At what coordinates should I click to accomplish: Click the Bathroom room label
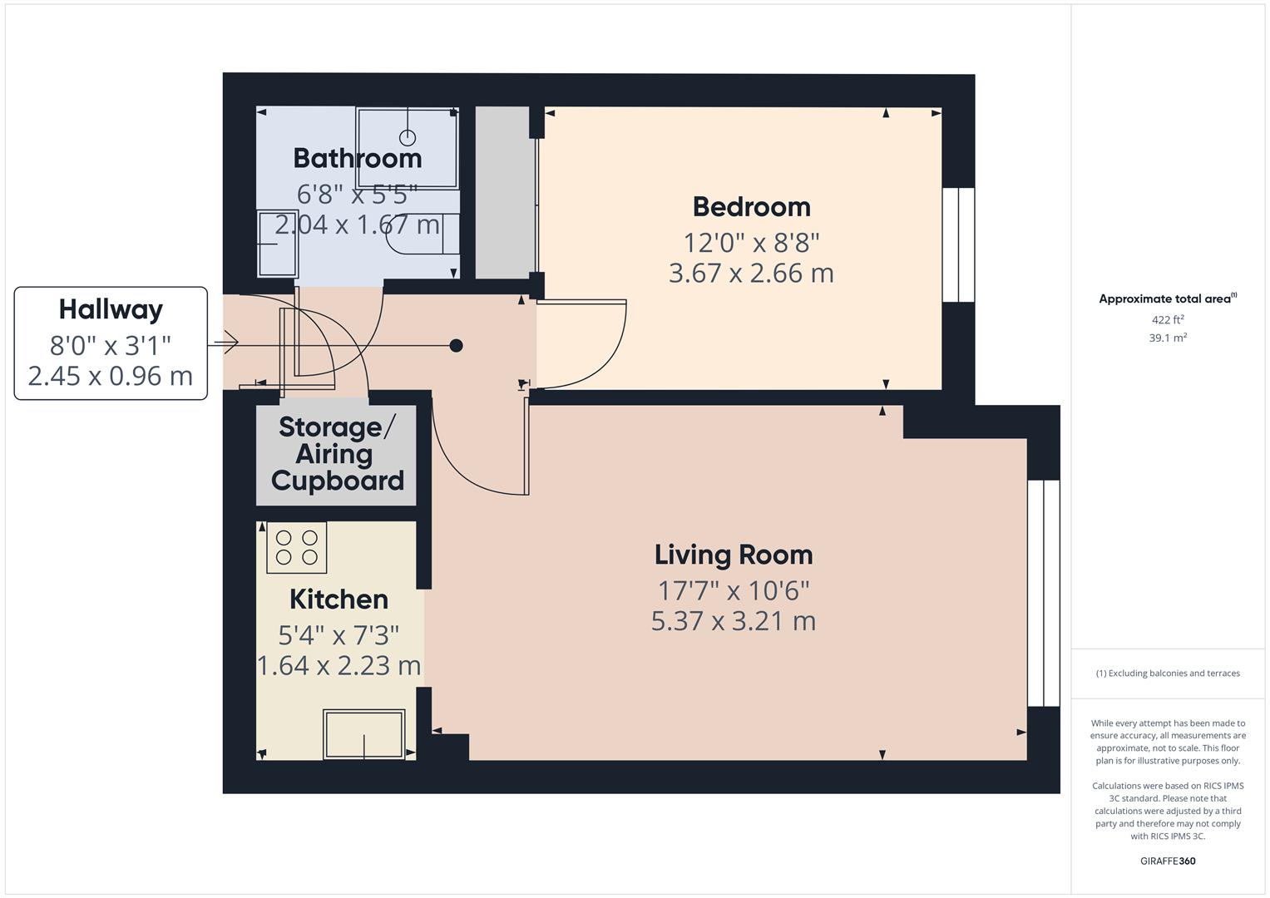coord(358,158)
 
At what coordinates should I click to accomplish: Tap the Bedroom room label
coord(751,206)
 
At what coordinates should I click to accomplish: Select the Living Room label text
coord(733,555)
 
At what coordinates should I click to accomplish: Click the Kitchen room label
coord(339,599)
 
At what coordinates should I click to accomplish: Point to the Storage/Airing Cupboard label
coord(337,454)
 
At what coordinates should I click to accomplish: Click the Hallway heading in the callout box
coord(111,309)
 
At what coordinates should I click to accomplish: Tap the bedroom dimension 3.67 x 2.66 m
coord(751,273)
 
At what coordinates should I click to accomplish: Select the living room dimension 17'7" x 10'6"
coord(733,590)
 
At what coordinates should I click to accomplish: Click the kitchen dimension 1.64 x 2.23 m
coord(339,665)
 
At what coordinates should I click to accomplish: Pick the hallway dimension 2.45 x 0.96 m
coord(111,376)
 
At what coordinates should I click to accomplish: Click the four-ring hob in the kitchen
coord(297,547)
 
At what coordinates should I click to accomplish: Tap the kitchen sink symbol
coord(363,734)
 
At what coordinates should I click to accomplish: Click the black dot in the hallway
coord(456,345)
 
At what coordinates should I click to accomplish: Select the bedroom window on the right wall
coord(958,244)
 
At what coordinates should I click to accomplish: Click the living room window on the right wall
coord(1044,593)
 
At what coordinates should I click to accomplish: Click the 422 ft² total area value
coord(1168,320)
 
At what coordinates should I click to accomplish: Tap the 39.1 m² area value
coord(1168,338)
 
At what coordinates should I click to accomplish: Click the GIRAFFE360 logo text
coord(1168,861)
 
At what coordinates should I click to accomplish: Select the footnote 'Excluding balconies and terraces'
coord(1168,673)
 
